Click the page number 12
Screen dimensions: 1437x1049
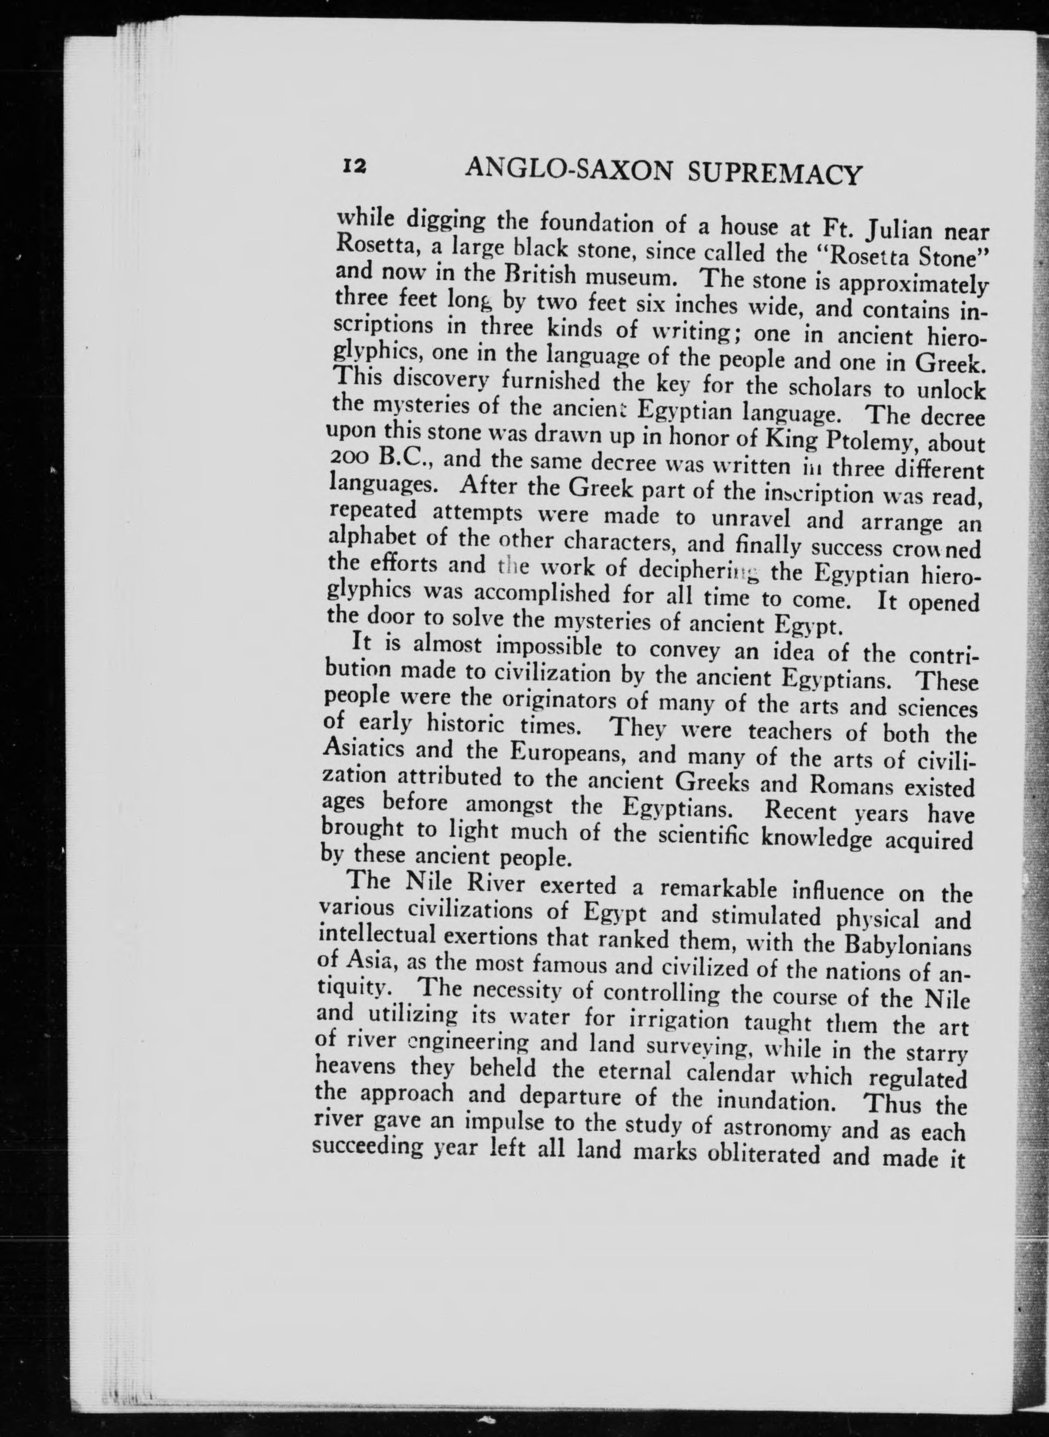coord(354,166)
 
